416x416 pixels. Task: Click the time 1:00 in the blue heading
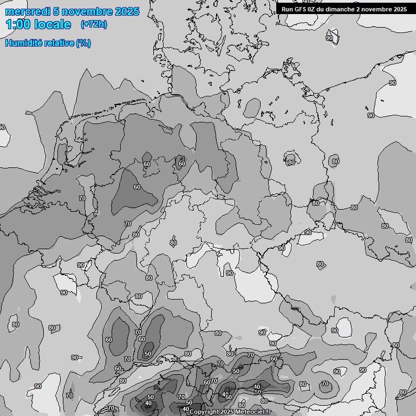(17, 24)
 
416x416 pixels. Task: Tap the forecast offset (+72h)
(94, 24)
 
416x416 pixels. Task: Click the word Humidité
(24, 43)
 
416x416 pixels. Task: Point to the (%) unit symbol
(83, 43)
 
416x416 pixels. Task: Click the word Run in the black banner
(287, 9)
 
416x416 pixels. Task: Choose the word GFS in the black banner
(301, 9)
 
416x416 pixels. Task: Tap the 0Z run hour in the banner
(314, 9)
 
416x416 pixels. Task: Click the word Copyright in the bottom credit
(204, 412)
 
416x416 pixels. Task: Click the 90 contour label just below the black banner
(329, 38)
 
